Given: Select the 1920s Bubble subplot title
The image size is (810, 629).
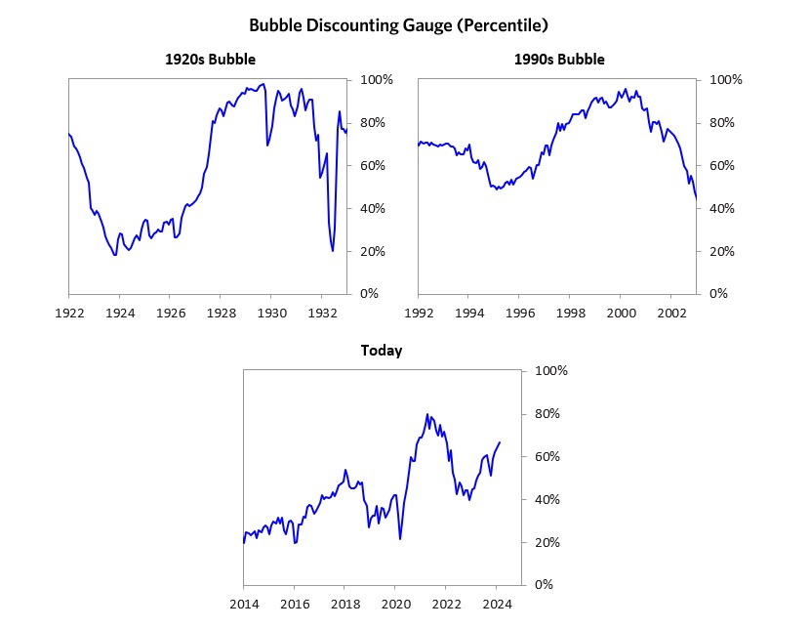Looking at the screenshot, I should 210,60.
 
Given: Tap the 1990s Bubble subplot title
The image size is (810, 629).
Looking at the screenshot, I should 559,60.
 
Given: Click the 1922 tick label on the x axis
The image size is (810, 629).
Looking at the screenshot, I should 68,313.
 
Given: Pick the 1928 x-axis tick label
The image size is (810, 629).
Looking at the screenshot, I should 221,313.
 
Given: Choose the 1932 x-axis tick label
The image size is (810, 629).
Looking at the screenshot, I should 322,313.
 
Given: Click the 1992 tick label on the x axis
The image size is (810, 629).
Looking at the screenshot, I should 418,313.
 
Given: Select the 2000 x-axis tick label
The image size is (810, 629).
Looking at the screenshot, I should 621,313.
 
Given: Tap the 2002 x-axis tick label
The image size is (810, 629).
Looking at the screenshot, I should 671,313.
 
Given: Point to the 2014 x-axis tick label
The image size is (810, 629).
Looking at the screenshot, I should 243,604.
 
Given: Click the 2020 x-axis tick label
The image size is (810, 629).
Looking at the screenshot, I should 395,604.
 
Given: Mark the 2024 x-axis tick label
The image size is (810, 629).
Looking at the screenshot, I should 497,604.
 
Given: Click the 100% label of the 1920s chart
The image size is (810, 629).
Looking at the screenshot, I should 377,80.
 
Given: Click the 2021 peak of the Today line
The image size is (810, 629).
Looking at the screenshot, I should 427,414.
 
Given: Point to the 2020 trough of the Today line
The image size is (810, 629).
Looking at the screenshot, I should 400,539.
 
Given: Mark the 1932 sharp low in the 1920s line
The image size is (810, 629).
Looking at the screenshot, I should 333,251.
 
